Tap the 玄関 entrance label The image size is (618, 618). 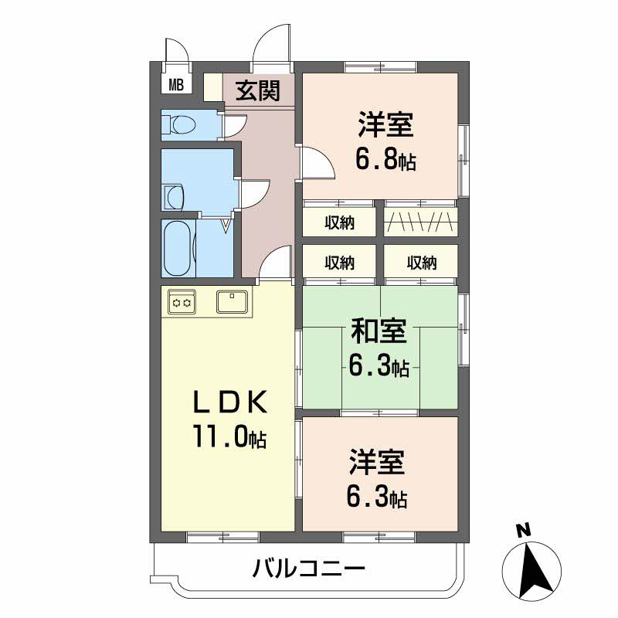tap(257, 91)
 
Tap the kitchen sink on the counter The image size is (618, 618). tap(232, 301)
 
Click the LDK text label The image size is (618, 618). tap(229, 402)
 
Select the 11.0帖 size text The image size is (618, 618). tap(229, 438)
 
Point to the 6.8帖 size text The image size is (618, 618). tap(385, 160)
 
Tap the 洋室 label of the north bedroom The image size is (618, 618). tap(385, 124)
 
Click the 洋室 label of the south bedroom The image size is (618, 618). tap(376, 463)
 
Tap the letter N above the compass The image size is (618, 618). tap(524, 531)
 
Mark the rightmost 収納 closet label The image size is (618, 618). tap(421, 263)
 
